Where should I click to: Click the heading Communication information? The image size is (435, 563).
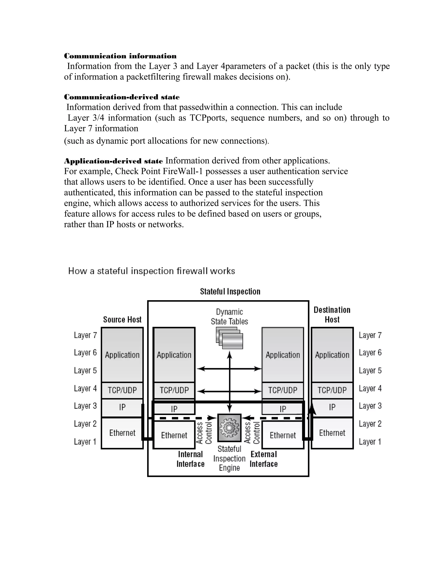coord(120,56)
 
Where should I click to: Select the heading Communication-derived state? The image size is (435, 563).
coord(122,97)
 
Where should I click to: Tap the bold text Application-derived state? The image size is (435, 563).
coord(113,161)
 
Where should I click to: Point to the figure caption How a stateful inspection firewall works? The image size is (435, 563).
coord(151,271)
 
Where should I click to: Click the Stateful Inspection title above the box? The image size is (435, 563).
coord(230,291)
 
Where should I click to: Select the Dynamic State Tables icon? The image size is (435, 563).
coord(229,338)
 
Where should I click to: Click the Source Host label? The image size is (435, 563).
coord(122,320)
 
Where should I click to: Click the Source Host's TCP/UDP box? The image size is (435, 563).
coord(122,390)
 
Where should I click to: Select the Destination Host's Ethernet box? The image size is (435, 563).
coord(332,433)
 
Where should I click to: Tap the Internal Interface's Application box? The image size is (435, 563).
coord(174,355)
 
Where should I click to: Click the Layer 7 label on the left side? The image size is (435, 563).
coord(85,335)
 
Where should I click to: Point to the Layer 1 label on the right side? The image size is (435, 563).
coord(370,442)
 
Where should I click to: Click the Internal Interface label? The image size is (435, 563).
coord(191,459)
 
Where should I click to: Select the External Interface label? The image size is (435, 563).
coord(264,459)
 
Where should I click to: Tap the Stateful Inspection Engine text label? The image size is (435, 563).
coord(229,458)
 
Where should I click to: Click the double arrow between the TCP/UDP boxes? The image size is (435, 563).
coord(229,391)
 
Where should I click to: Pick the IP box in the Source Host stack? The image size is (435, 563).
coord(122,407)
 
